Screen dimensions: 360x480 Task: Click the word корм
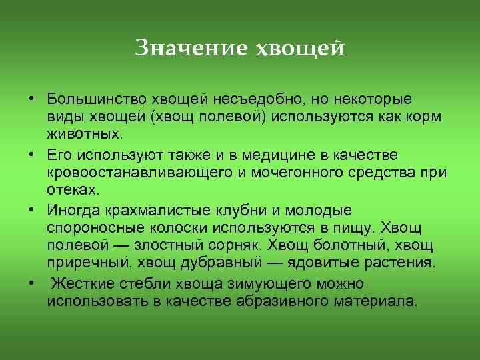tap(427, 117)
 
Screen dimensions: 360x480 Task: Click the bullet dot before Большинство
tap(31, 100)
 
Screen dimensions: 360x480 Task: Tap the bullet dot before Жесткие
tap(31, 284)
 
